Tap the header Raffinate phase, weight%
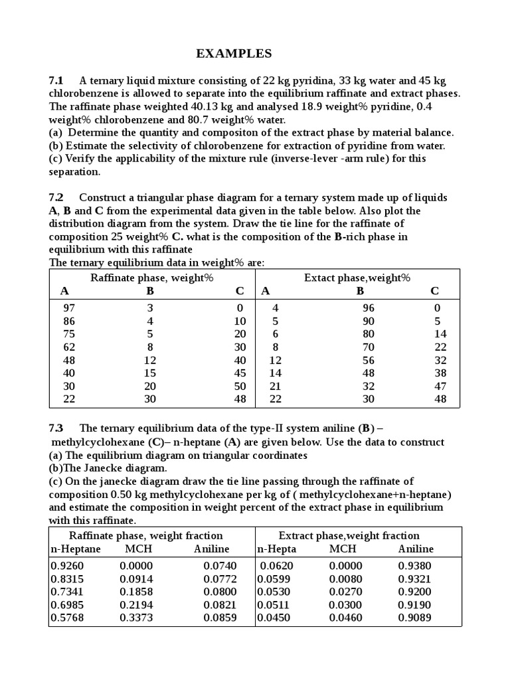pos(152,277)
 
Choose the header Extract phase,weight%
pos(357,277)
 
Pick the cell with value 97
pos(70,308)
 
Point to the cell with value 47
pos(440,386)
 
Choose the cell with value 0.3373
pos(136,618)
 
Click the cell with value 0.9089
pos(414,618)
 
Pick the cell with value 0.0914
pos(136,579)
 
